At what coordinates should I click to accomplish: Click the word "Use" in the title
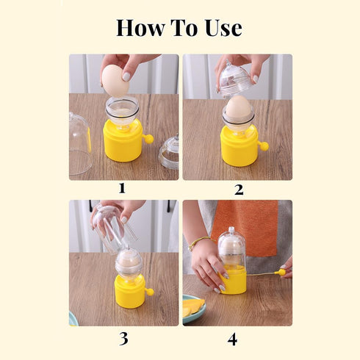(223, 28)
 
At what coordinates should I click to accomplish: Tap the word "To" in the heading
(186, 28)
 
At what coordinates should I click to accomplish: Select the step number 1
(123, 189)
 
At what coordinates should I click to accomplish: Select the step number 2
(238, 189)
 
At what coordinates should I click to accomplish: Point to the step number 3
(123, 339)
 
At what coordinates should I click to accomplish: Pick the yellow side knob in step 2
(264, 145)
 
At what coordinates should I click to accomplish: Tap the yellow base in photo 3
(129, 292)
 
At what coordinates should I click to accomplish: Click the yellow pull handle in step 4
(279, 273)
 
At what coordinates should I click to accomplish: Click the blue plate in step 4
(189, 312)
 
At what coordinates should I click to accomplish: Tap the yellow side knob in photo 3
(150, 292)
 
